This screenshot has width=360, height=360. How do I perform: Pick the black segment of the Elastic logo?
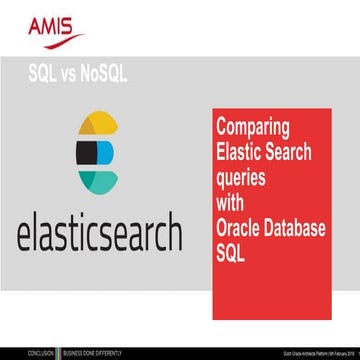(x=85, y=152)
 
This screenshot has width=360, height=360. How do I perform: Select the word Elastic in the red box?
(x=240, y=153)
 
